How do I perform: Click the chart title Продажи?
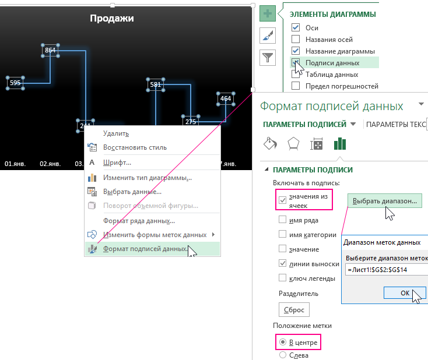tap(111, 19)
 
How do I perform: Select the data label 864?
tap(50, 51)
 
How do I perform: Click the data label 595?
tap(15, 83)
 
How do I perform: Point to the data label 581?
tap(155, 85)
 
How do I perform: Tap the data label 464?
tap(226, 99)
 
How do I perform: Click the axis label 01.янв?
tap(16, 164)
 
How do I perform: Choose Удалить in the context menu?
tap(115, 133)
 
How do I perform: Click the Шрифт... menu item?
tap(117, 163)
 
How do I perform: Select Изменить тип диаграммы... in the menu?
tap(147, 177)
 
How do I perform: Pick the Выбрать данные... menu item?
tap(132, 192)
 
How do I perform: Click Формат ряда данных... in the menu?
tap(139, 221)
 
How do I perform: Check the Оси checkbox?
tap(296, 28)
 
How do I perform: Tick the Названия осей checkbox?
tap(296, 40)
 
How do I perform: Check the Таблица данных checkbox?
tap(296, 75)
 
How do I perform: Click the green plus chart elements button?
tap(268, 14)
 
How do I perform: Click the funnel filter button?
tap(268, 57)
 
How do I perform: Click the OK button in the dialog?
tap(405, 293)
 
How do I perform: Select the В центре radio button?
tap(283, 342)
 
